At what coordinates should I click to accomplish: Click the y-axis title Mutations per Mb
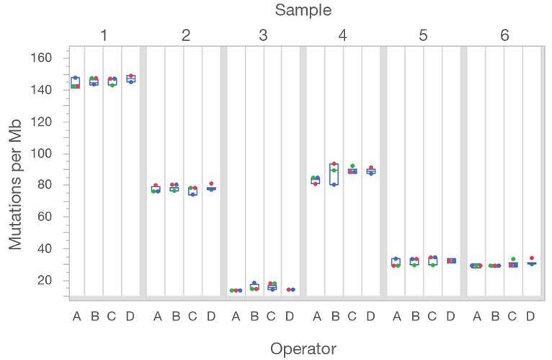[17, 174]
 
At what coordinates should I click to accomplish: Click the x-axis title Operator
[303, 348]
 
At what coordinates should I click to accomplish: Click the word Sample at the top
[303, 10]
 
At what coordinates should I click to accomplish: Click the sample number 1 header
[104, 35]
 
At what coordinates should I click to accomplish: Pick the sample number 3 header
[263, 35]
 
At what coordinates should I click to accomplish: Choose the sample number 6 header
[504, 35]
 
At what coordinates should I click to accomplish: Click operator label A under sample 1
[76, 316]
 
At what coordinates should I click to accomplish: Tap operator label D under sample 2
[210, 316]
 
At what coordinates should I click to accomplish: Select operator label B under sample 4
[334, 316]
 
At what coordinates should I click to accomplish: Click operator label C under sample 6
[512, 316]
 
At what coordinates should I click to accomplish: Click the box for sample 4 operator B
[334, 174]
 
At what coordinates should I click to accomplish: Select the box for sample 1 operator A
[75, 81]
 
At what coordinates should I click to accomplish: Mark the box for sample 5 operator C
[432, 261]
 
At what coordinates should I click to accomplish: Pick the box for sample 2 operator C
[192, 191]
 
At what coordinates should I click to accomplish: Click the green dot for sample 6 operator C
[512, 259]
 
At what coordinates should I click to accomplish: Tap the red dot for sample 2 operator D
[211, 184]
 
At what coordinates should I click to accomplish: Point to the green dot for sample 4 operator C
[352, 166]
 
